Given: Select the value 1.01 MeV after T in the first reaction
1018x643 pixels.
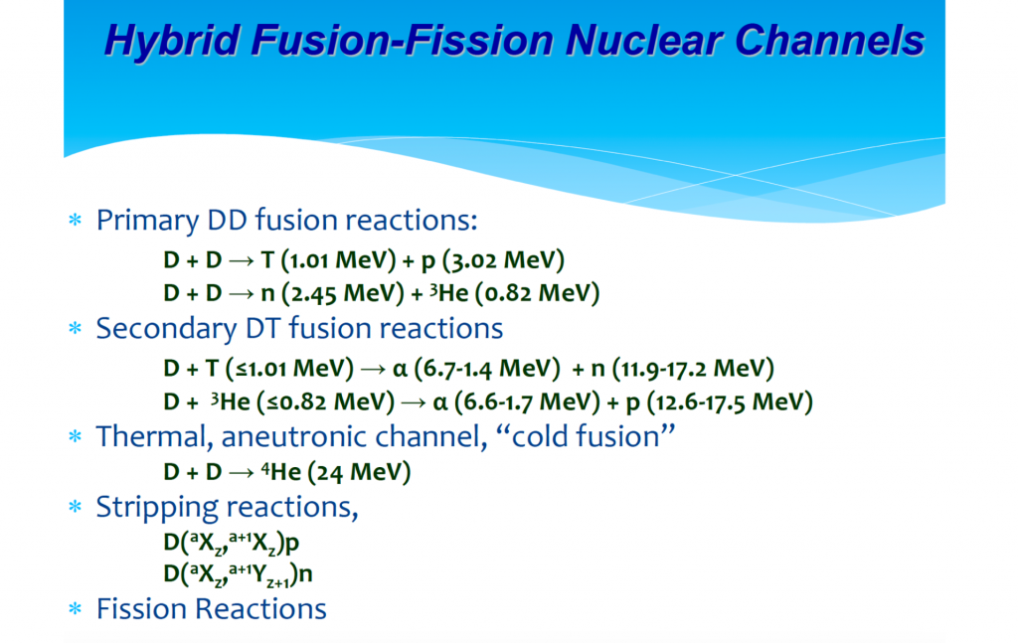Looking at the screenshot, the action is [x=338, y=260].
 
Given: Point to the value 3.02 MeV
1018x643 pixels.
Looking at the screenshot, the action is [x=503, y=260].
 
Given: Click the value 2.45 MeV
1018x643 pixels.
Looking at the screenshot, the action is [x=343, y=293].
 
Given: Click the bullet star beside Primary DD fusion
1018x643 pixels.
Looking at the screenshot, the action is [x=76, y=220].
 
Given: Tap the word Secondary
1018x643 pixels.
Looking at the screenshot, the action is [x=166, y=329].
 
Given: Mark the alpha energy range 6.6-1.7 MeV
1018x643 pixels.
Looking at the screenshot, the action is [x=527, y=402].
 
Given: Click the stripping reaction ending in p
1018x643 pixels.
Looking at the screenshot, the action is [x=231, y=543].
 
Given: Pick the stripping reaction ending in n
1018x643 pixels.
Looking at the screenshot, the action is [x=238, y=574].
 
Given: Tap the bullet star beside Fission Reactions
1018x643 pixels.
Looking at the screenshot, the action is [x=76, y=608].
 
